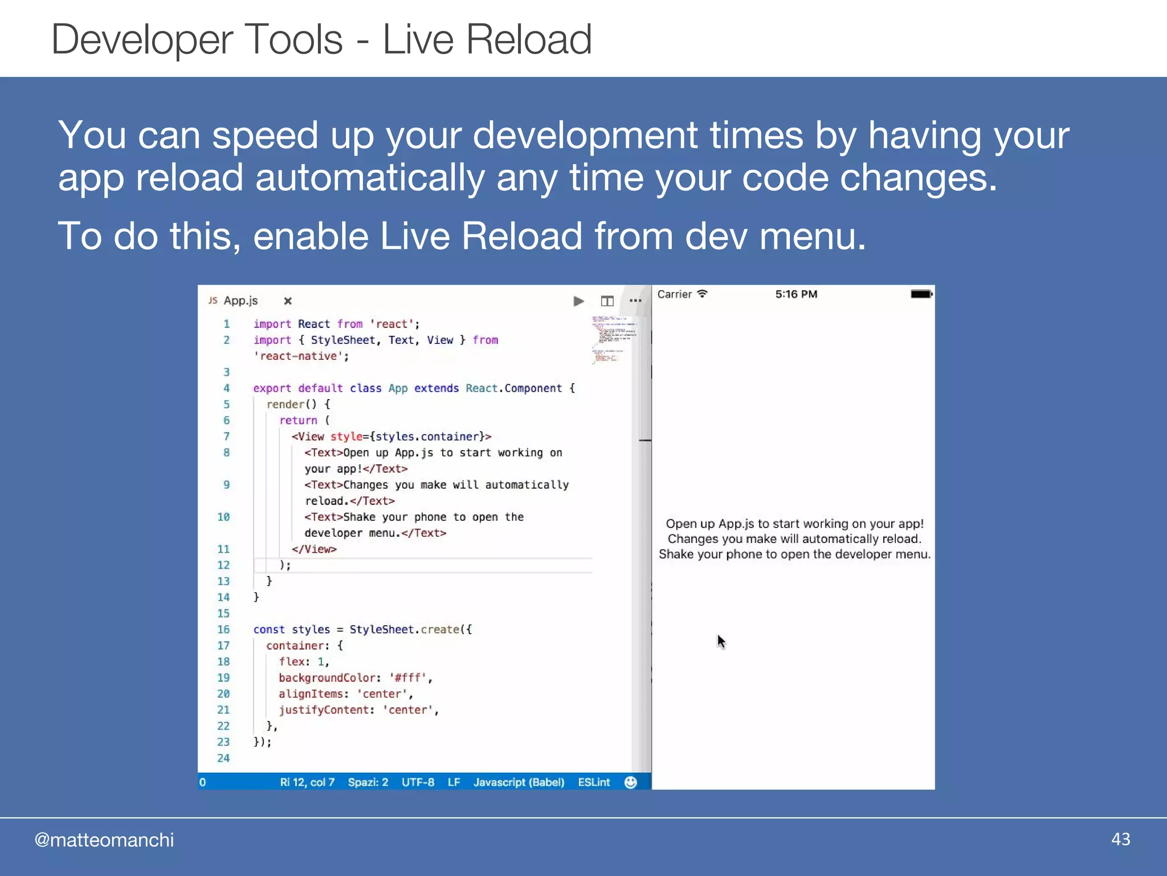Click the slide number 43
(x=1120, y=839)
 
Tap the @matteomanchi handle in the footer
(x=104, y=840)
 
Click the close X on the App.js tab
(x=288, y=301)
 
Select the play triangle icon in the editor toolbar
(x=578, y=301)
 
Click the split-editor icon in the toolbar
(x=607, y=301)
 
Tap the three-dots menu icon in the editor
(x=635, y=301)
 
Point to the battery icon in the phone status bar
(x=921, y=294)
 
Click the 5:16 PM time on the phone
(x=796, y=294)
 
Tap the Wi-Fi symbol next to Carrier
(x=703, y=294)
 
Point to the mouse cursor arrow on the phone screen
(x=721, y=641)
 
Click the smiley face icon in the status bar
(x=630, y=782)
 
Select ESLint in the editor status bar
(x=594, y=782)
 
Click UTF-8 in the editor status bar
(x=418, y=782)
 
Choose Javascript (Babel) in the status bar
(x=519, y=782)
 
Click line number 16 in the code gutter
(x=223, y=629)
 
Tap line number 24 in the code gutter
(x=223, y=758)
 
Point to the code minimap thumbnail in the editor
(x=613, y=339)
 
